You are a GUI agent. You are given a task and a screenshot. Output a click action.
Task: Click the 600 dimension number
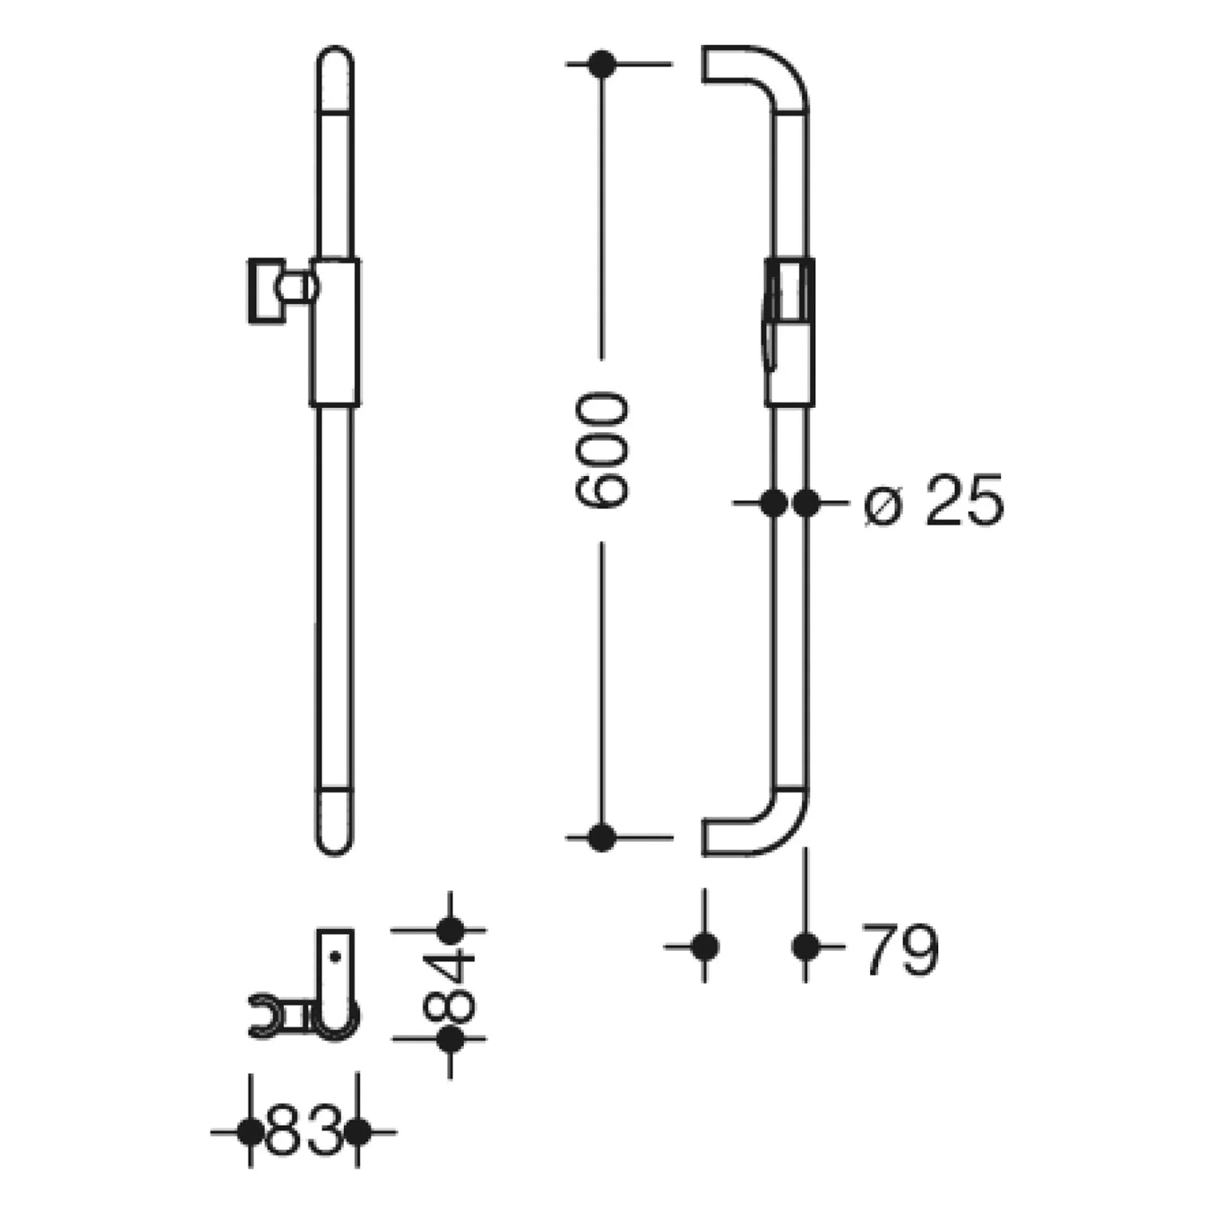point(601,450)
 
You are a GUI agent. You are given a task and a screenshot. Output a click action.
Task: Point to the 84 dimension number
point(450,984)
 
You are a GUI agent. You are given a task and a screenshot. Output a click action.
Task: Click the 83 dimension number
point(303,1131)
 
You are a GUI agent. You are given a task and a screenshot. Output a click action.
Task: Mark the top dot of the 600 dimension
point(601,64)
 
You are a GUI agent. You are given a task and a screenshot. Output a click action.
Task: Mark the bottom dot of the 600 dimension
point(601,837)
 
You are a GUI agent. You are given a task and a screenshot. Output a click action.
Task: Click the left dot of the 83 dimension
point(250,1131)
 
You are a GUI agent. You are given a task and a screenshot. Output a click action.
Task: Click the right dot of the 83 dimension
point(358,1131)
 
